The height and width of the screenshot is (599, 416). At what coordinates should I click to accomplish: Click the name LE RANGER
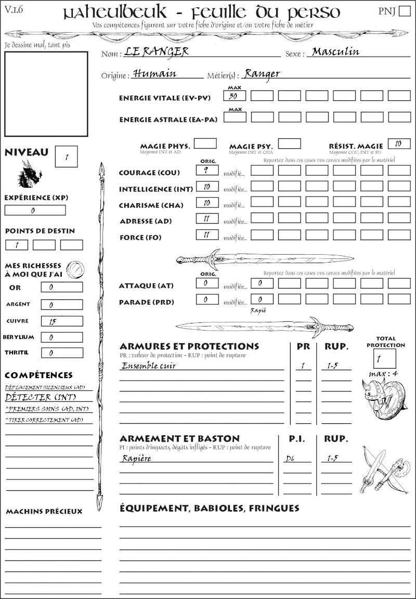point(157,51)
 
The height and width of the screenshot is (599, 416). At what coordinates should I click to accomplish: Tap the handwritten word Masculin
point(335,51)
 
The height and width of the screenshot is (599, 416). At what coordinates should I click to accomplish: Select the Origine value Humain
point(154,73)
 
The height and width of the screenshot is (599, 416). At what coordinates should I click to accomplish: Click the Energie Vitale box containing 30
point(235,96)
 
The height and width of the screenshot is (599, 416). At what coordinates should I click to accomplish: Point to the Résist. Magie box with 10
point(399,144)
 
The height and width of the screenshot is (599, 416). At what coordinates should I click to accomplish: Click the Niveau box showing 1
point(67,157)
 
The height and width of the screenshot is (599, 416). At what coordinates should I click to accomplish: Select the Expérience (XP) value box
point(35,210)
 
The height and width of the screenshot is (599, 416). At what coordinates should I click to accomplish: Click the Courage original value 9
point(207,170)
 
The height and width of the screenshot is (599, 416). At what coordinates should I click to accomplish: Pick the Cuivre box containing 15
point(61,321)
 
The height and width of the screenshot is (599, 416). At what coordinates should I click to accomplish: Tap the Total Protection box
point(384,358)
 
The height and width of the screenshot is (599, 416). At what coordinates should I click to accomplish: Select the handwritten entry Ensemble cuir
point(149,366)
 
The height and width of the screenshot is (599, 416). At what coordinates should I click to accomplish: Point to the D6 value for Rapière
point(291,459)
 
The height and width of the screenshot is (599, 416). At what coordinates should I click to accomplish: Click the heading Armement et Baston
point(179,438)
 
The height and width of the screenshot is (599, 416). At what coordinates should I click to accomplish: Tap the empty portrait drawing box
point(45,94)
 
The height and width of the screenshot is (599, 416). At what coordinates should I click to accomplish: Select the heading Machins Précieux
point(44,512)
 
